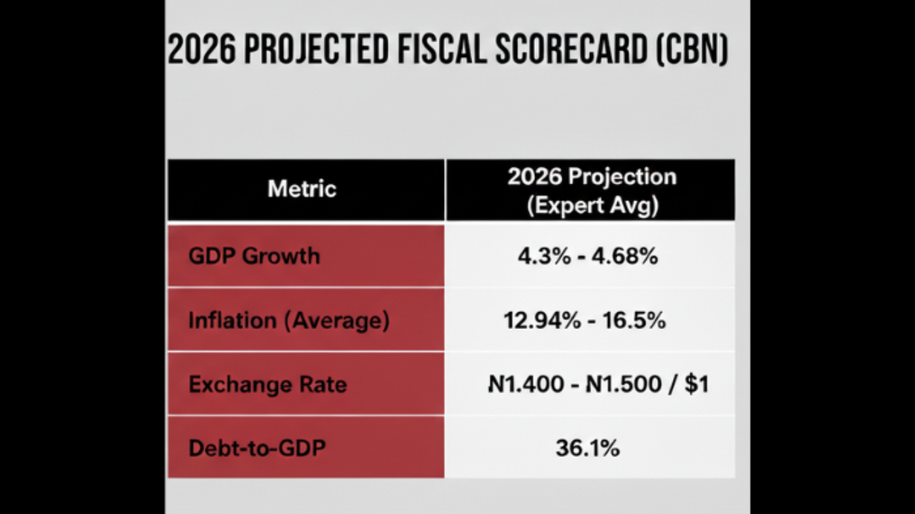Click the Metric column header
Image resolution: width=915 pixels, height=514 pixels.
click(x=302, y=188)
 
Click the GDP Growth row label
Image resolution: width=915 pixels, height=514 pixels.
click(x=254, y=255)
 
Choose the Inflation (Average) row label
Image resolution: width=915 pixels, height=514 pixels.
click(x=289, y=321)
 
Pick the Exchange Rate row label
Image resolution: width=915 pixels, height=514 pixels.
click(x=267, y=385)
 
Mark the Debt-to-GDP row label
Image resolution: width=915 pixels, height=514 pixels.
click(x=257, y=448)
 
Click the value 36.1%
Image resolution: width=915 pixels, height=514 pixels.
click(x=587, y=448)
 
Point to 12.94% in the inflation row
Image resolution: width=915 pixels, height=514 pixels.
click(x=542, y=321)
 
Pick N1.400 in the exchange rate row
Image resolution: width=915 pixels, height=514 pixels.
click(x=526, y=385)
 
